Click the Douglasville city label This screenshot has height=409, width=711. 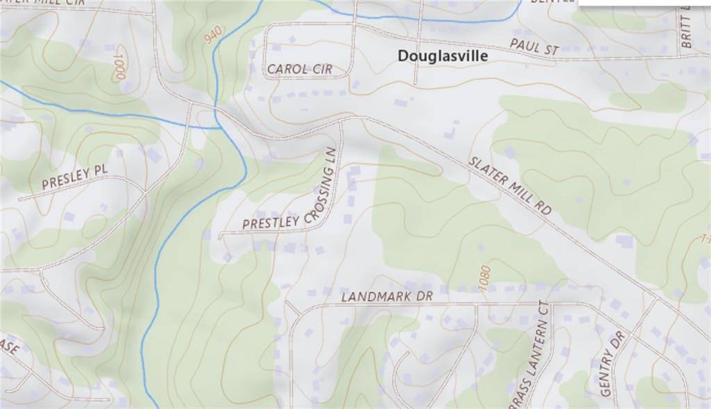443,56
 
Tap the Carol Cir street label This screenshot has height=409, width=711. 300,69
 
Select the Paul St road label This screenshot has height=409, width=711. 534,47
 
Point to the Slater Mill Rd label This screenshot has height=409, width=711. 510,185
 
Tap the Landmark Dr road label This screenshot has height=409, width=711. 387,297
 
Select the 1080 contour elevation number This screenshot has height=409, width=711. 485,278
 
